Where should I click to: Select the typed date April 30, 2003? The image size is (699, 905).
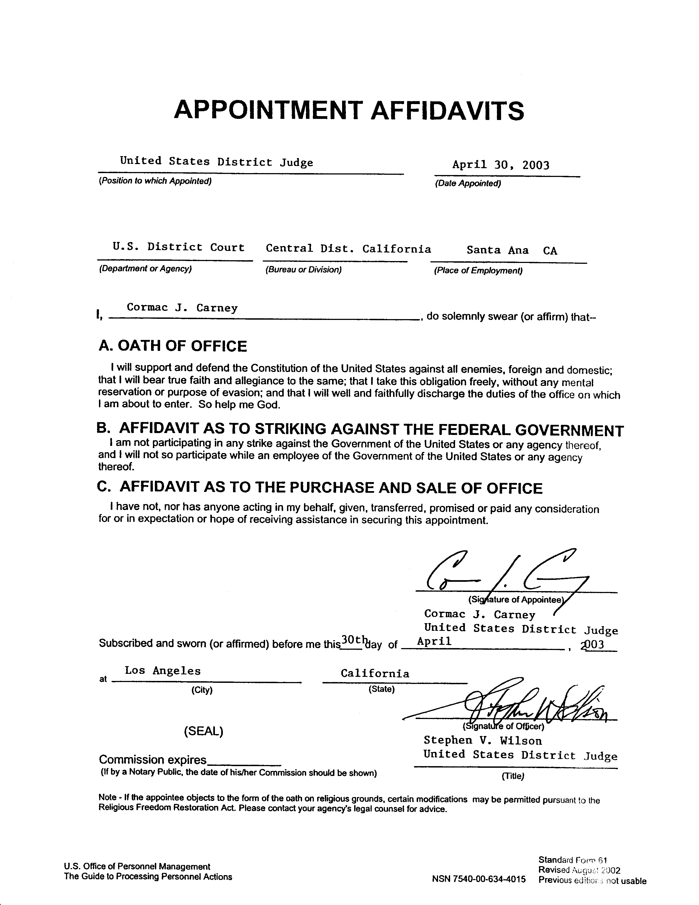(x=501, y=165)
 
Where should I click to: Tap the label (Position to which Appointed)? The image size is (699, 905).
(x=155, y=181)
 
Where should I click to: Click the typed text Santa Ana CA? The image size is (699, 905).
(x=512, y=250)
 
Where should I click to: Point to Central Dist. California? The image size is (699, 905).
(x=348, y=249)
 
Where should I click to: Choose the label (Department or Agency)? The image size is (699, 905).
(x=145, y=268)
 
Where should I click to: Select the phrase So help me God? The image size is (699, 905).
(x=240, y=405)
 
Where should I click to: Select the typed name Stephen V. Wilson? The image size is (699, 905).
(x=482, y=740)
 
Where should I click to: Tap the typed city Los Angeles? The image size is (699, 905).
(x=163, y=671)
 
